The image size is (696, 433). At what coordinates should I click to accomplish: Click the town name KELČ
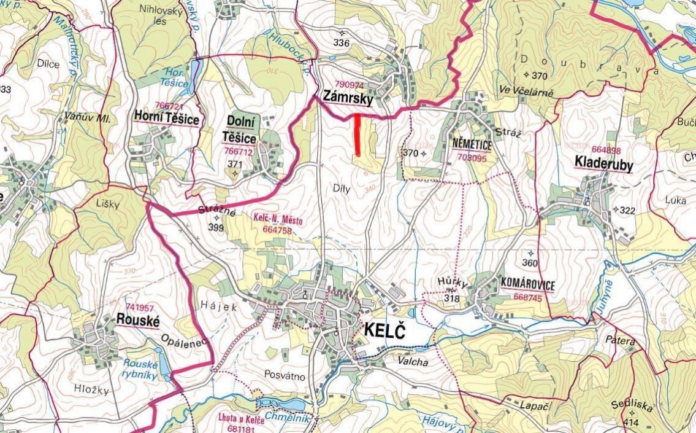point(385,330)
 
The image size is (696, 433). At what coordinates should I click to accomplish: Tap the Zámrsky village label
point(345,99)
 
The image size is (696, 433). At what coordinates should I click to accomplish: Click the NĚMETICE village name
point(472,144)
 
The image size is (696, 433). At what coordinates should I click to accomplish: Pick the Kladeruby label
point(603,163)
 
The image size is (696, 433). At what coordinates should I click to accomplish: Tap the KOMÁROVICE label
point(527,285)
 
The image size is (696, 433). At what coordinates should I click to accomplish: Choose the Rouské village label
point(137,320)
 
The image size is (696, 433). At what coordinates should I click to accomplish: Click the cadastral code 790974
point(350,85)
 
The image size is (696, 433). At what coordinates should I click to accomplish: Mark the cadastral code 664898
point(606,149)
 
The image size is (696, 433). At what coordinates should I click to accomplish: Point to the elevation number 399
point(215,227)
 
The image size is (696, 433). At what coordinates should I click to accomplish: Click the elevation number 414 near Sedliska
point(630,423)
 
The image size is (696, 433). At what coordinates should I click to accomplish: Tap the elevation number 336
point(341,43)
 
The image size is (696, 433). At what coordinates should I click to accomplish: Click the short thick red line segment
point(358,133)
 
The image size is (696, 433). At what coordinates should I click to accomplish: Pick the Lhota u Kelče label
point(240,419)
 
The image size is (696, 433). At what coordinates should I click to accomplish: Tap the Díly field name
point(342,189)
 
